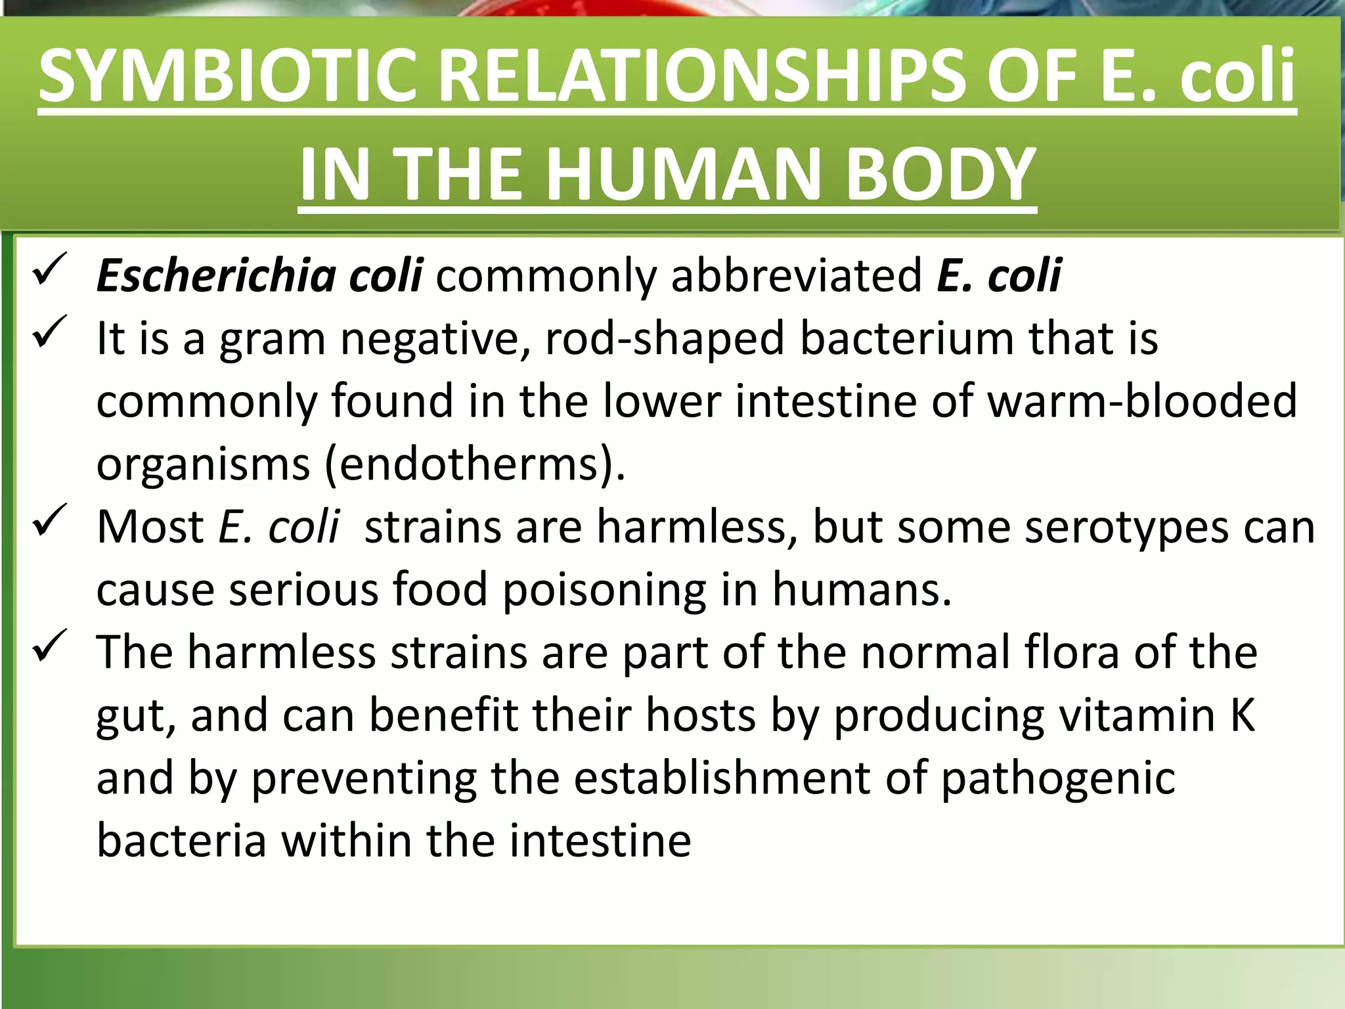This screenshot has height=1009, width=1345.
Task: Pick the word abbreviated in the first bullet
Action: [x=796, y=275]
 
